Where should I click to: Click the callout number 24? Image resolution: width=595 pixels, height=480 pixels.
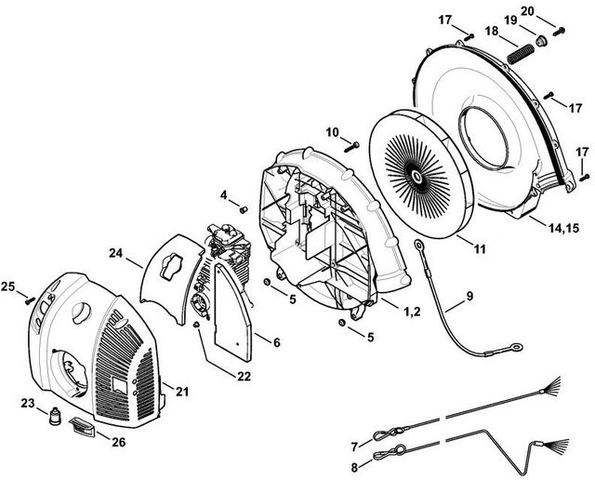116,253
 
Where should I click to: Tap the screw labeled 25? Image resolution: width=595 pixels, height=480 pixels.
30,300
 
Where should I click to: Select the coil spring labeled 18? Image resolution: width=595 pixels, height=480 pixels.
521,53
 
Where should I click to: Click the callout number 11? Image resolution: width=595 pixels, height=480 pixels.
480,249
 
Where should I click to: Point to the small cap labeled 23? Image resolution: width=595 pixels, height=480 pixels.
56,417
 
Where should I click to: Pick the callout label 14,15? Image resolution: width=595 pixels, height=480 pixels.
563,228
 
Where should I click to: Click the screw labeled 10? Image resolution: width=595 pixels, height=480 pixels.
351,147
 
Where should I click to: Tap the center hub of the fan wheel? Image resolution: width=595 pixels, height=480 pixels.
416,176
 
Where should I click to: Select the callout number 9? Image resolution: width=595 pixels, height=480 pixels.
469,296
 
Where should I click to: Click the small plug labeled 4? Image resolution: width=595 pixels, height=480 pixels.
244,209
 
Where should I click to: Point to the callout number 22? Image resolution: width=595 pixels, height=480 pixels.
244,376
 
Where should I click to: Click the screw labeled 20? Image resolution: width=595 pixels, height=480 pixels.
558,32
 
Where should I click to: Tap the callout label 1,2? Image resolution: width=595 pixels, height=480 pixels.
412,312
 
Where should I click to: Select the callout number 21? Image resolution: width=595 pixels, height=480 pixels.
182,392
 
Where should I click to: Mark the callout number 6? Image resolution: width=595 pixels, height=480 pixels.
277,342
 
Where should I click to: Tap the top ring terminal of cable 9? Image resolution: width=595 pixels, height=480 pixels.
419,246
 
